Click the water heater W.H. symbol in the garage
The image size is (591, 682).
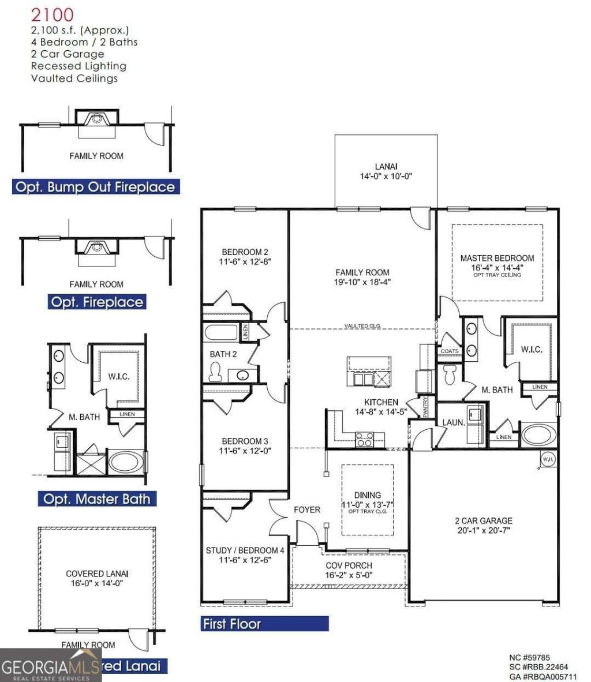click(547, 459)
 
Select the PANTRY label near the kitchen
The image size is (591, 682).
click(426, 405)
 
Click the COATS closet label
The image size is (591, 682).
click(450, 351)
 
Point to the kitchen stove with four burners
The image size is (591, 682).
click(364, 439)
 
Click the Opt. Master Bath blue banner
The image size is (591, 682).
click(97, 499)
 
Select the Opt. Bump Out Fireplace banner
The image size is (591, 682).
click(95, 187)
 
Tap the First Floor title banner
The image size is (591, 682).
click(264, 624)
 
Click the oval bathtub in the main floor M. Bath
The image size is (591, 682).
click(538, 434)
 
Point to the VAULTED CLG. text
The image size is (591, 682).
click(363, 326)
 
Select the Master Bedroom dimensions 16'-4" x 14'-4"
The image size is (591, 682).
click(497, 268)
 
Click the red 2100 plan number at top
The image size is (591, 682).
click(52, 14)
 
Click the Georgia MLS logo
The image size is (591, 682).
click(50, 665)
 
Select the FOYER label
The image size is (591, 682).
click(307, 509)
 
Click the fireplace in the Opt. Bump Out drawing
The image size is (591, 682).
click(96, 119)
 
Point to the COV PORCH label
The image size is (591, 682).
click(349, 565)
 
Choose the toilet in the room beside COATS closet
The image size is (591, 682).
click(450, 374)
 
